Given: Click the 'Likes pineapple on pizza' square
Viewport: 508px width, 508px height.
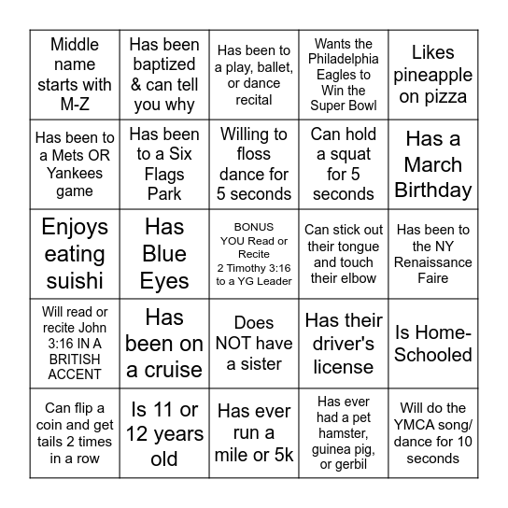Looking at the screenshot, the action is (433, 75).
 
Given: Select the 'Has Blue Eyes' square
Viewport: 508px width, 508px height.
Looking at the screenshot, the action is (164, 253).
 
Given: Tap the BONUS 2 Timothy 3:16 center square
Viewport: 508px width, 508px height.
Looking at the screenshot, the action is (254, 253).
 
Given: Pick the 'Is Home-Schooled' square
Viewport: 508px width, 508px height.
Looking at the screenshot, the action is (433, 344).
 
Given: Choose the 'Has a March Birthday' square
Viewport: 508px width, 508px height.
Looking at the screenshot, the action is (433, 164).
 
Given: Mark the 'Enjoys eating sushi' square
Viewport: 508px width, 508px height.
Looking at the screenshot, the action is (75, 253).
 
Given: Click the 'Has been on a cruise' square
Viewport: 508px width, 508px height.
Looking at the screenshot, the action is (164, 344).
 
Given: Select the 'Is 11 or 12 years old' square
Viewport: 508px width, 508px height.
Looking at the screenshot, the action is (164, 433).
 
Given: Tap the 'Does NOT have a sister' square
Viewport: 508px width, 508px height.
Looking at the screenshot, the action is (254, 344).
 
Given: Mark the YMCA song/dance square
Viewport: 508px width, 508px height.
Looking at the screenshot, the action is (433, 433).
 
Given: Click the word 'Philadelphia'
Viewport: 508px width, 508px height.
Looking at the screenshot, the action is (344, 59).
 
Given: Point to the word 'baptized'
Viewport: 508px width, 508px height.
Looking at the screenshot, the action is (164, 64).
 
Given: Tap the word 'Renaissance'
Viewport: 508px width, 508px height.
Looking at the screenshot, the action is (433, 261).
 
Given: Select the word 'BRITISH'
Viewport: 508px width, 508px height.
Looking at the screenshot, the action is (75, 359).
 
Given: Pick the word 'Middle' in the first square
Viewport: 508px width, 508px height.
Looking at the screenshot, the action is (75, 44).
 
